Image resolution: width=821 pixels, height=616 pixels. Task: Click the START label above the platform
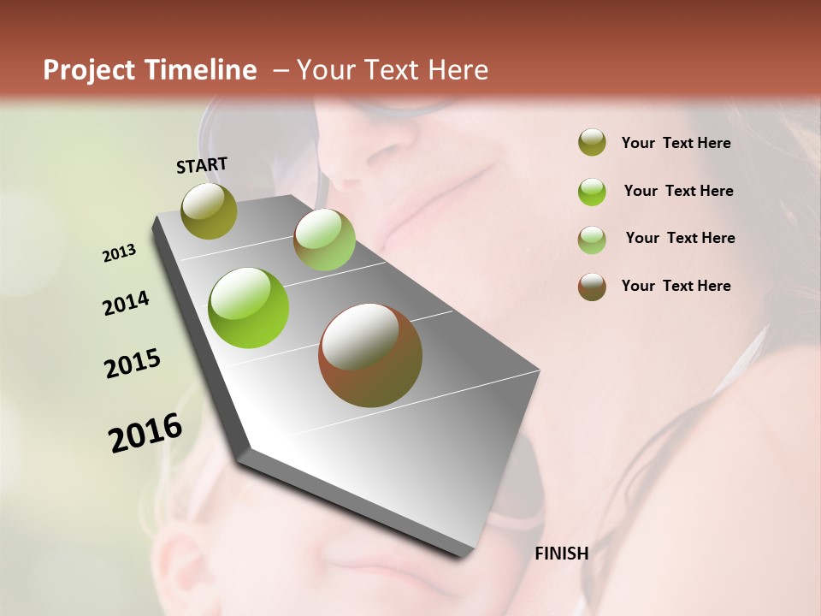[202, 164]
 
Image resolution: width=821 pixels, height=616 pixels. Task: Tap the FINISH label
[562, 554]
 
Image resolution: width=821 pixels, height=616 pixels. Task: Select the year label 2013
[119, 253]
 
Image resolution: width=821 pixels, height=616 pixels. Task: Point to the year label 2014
[126, 303]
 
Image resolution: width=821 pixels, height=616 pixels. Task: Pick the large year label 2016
[145, 432]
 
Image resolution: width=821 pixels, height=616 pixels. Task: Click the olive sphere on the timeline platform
[210, 210]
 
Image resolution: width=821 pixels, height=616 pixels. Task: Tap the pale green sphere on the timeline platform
[324, 240]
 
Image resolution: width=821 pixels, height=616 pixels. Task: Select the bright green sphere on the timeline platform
[249, 308]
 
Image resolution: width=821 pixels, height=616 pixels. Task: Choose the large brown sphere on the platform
[370, 355]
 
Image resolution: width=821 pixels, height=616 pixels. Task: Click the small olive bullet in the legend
[592, 143]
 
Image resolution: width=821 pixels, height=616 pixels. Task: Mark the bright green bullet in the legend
[592, 192]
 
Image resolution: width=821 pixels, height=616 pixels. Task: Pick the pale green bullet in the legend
[592, 240]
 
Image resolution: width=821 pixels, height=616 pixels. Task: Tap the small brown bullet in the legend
[592, 287]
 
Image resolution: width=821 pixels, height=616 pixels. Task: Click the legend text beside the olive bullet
[676, 143]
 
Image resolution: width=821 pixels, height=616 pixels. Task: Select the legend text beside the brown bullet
[676, 286]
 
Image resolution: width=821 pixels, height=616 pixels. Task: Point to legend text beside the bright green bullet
[679, 191]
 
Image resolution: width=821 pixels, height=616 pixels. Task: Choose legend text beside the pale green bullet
[681, 238]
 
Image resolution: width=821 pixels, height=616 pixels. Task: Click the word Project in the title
[90, 70]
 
